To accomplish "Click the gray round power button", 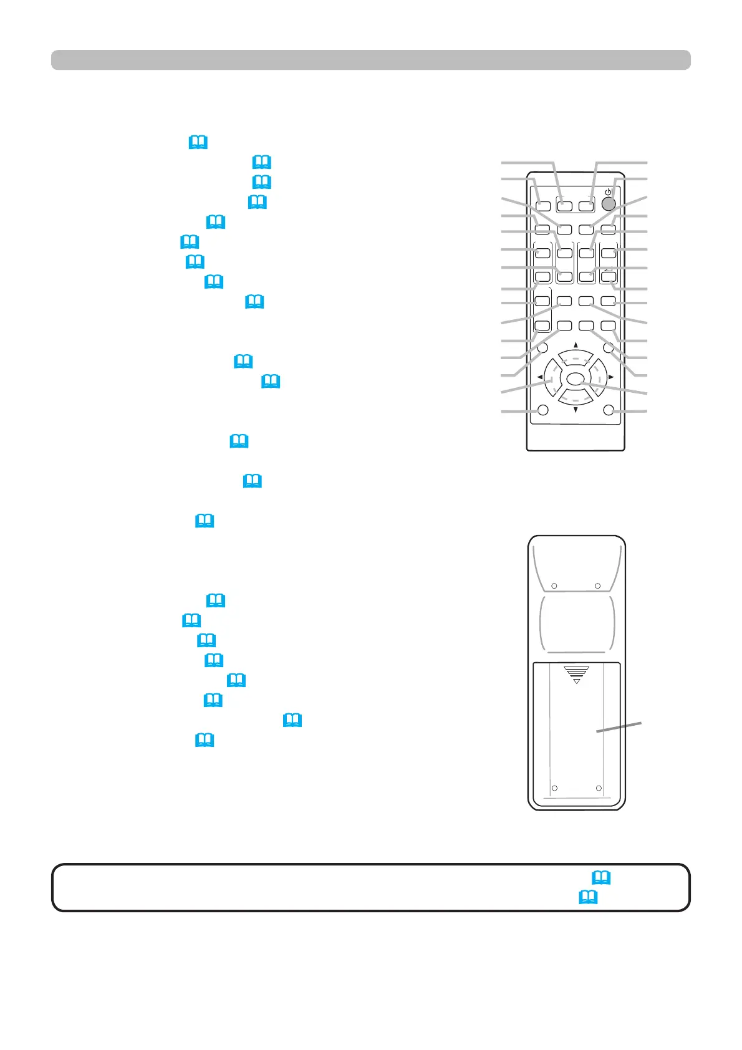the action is [609, 203].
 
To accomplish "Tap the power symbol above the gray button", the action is [608, 191].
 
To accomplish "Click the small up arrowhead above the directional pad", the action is [576, 345].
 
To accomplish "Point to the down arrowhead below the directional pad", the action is [576, 410].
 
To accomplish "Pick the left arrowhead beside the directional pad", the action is [539, 377].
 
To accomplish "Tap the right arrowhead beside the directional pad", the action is [611, 377].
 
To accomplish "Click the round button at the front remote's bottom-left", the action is [542, 410].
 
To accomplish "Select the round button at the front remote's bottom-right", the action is [609, 410].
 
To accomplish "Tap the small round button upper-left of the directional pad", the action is [542, 349].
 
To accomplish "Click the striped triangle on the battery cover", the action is [576, 674].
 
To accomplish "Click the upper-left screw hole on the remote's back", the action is [554, 586].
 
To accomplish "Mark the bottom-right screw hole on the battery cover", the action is [599, 789].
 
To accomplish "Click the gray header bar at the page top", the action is [370, 60].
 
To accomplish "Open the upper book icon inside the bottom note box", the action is [601, 877].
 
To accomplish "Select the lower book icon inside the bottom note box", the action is [588, 897].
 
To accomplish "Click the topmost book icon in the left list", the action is [198, 143].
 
